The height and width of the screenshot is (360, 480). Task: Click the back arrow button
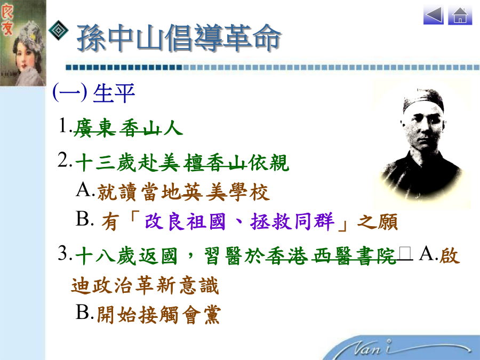pyautogui.click(x=434, y=15)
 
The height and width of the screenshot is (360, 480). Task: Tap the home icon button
pyautogui.click(x=460, y=15)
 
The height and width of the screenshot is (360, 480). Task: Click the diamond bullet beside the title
pyautogui.click(x=59, y=30)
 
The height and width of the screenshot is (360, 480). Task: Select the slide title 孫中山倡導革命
pyautogui.click(x=179, y=38)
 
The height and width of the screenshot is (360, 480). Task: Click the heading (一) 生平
pyautogui.click(x=94, y=93)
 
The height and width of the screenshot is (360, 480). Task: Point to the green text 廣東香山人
pyautogui.click(x=128, y=127)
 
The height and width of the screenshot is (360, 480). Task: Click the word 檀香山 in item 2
pyautogui.click(x=215, y=163)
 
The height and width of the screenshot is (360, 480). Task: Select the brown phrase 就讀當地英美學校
pyautogui.click(x=183, y=192)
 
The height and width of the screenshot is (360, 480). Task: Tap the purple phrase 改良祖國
pyautogui.click(x=185, y=221)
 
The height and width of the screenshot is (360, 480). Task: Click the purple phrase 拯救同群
pyautogui.click(x=292, y=221)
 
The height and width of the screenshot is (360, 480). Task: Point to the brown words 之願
pyautogui.click(x=378, y=222)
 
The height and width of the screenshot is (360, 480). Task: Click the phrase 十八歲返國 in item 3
pyautogui.click(x=126, y=256)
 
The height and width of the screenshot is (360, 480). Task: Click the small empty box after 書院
pyautogui.click(x=405, y=254)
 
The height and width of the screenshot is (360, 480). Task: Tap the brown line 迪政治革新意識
pyautogui.click(x=145, y=285)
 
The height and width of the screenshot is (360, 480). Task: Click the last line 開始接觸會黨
pyautogui.click(x=158, y=315)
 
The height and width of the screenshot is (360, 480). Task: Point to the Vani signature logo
pyautogui.click(x=407, y=349)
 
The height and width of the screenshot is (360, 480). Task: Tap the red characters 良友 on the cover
pyautogui.click(x=7, y=20)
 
